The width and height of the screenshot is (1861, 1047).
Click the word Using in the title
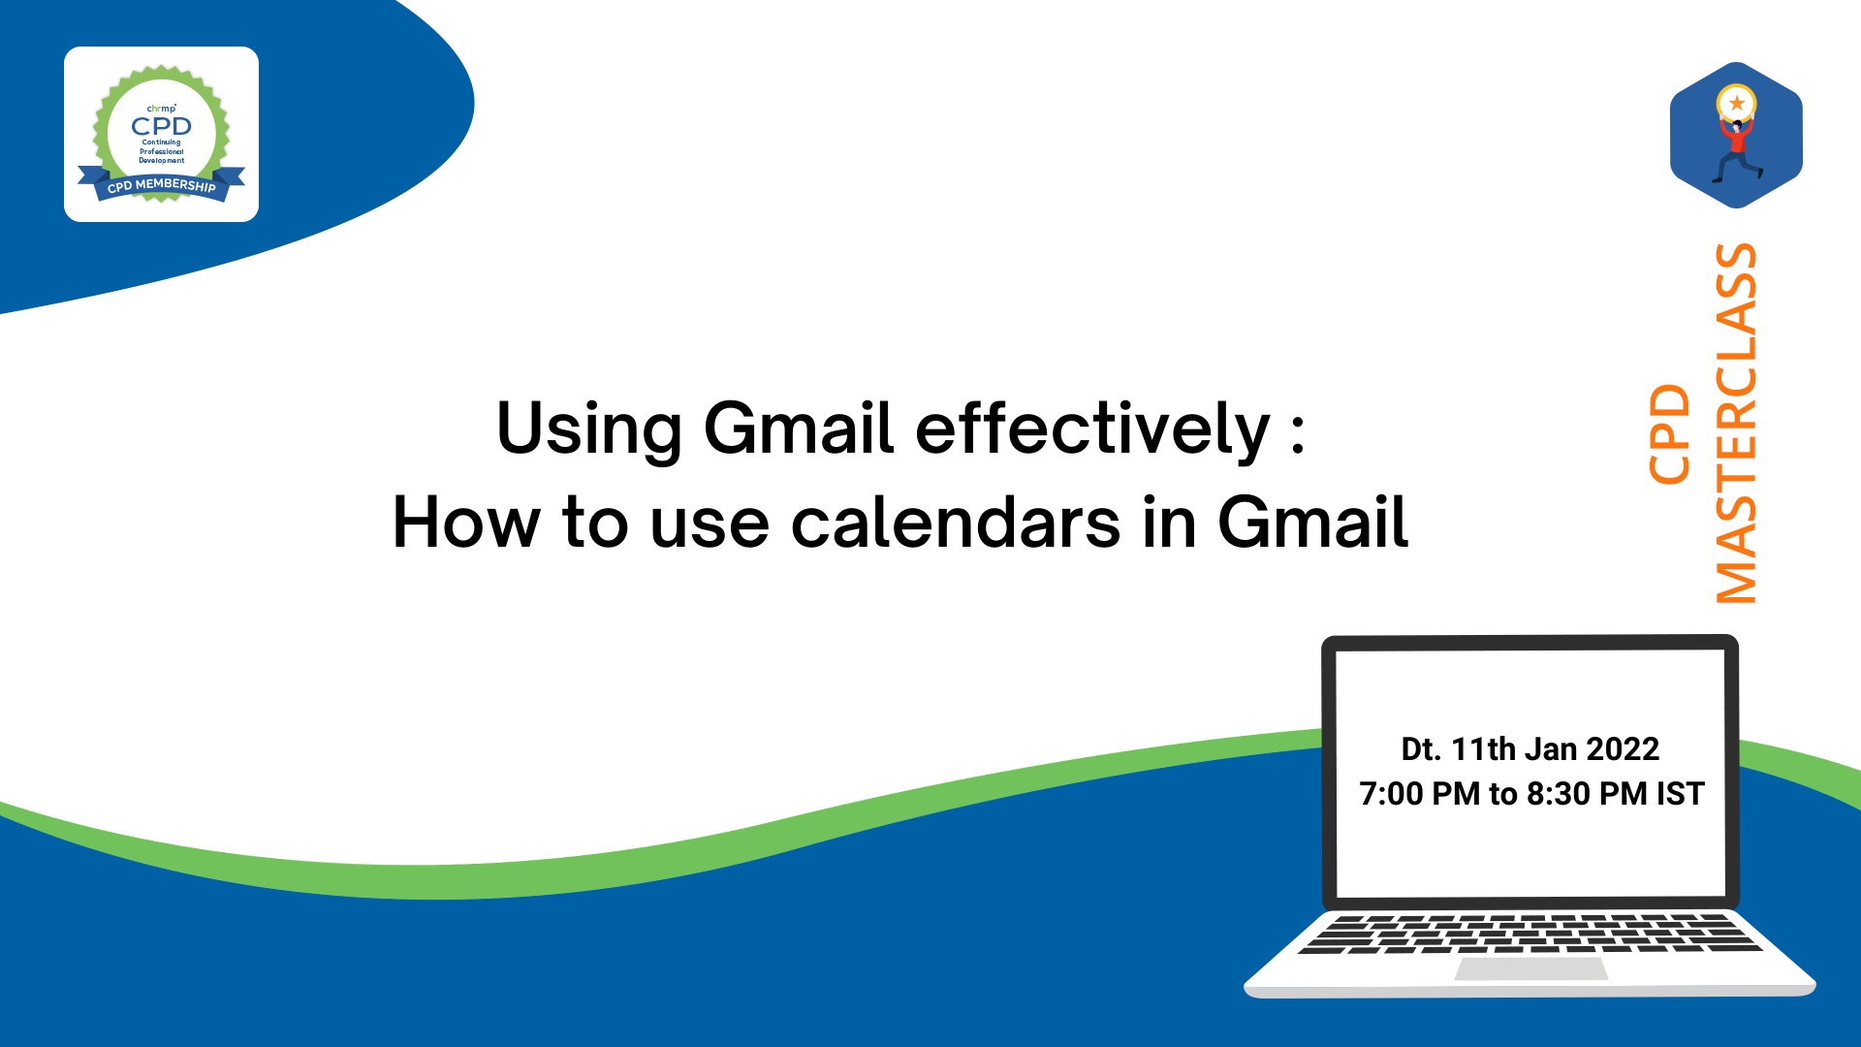click(589, 428)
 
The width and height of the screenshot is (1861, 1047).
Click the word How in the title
click(466, 522)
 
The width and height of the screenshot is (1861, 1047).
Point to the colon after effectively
click(1298, 432)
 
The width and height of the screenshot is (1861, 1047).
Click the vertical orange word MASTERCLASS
click(1736, 423)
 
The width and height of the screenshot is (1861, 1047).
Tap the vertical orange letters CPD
click(1669, 434)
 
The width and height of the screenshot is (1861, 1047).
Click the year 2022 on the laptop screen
click(1623, 748)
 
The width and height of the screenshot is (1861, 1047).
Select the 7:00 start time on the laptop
click(1391, 793)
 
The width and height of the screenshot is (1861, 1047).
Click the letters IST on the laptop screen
click(1680, 793)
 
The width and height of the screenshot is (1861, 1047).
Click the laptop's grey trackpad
click(1531, 968)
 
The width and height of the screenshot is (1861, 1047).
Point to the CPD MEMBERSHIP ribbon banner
click(161, 184)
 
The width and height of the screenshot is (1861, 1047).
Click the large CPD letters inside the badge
click(161, 126)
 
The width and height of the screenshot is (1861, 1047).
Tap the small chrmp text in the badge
click(161, 109)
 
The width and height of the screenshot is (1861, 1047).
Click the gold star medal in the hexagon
click(1736, 103)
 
